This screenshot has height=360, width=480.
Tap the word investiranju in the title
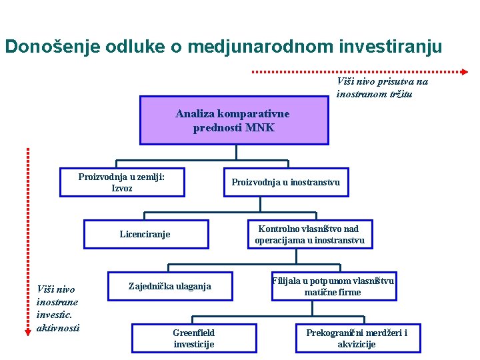point(390,47)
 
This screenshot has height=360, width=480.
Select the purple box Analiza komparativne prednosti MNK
point(234,121)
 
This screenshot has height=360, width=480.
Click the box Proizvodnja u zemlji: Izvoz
point(122,183)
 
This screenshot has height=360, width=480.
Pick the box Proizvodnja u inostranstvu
point(285,183)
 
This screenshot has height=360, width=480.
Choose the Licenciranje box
point(145,234)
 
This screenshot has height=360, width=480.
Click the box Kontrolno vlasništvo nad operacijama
point(309,234)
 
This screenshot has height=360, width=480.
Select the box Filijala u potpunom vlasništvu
point(333,286)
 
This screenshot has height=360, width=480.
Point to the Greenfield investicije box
point(193,338)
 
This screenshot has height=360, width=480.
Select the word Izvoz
point(122,189)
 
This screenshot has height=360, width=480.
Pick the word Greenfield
point(193,332)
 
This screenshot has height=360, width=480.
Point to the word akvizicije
point(357,344)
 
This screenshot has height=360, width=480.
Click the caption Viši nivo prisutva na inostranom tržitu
point(382,87)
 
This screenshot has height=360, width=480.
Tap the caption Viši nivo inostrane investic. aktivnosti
point(58,308)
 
